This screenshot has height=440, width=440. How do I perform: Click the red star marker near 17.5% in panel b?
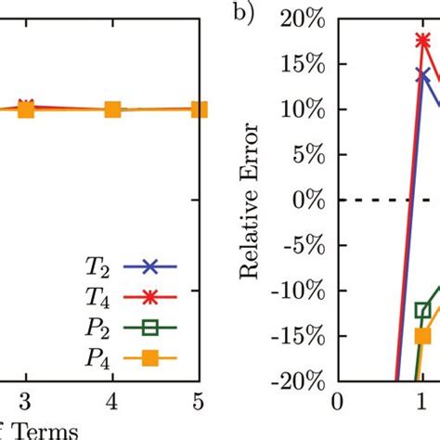click(x=423, y=41)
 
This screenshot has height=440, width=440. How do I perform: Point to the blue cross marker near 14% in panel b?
click(x=423, y=75)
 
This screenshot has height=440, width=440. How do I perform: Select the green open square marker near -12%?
click(x=423, y=310)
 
